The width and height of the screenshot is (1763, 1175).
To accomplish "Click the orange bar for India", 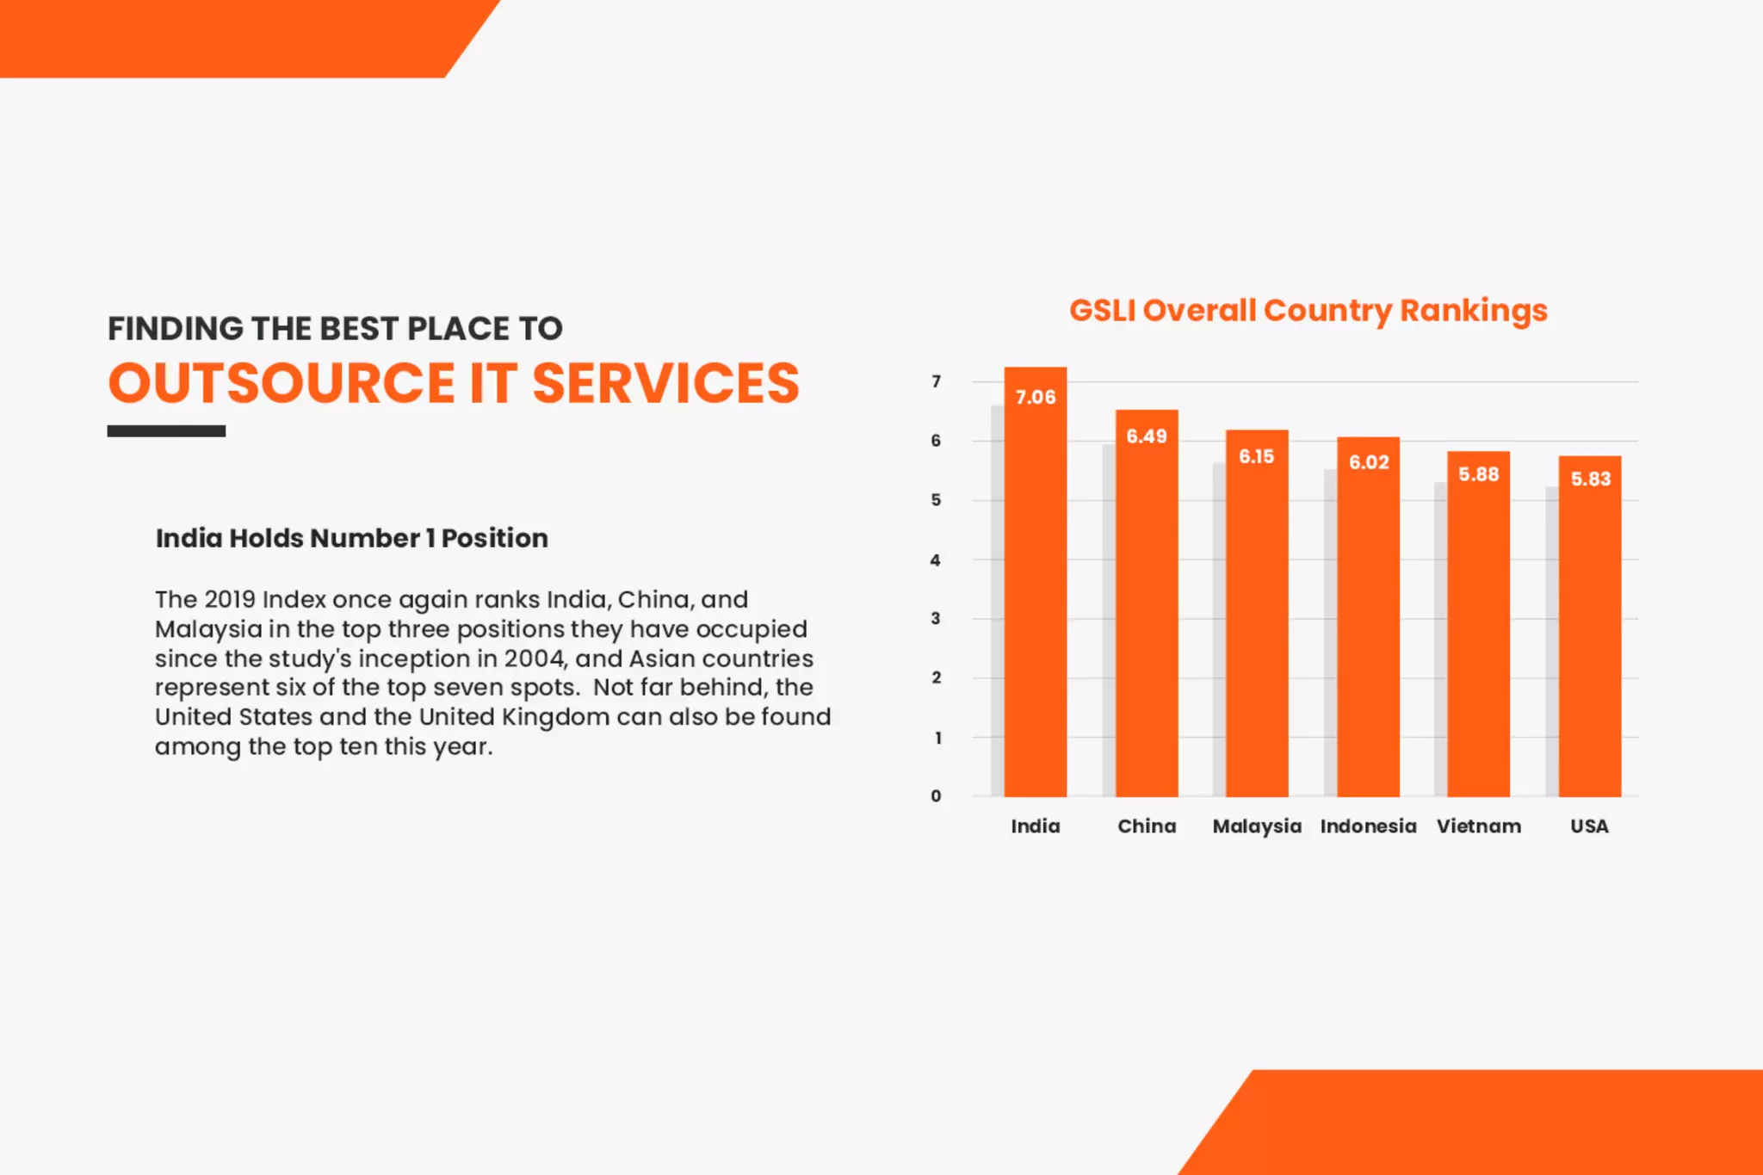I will [x=1035, y=603].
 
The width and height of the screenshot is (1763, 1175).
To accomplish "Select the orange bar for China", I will [x=1147, y=620].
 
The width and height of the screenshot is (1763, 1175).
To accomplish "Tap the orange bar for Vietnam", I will [x=1478, y=637].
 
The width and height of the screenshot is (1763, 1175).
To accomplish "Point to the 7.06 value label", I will [x=1035, y=397].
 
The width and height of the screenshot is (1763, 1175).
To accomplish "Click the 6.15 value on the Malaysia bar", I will [x=1256, y=456].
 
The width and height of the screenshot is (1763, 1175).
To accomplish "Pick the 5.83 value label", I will [x=1590, y=479].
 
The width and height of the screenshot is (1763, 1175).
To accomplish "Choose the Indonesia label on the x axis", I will [x=1368, y=826].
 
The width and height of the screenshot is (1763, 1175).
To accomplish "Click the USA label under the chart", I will [x=1589, y=826].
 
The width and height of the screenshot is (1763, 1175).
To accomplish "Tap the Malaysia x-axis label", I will [x=1257, y=826].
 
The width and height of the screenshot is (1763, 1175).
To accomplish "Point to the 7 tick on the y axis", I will [x=936, y=381].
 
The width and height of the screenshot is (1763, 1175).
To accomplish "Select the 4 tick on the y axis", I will [x=936, y=560].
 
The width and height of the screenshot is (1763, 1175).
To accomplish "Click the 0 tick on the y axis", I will [x=936, y=796].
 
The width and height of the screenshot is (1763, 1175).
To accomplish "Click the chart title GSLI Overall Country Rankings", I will [x=1308, y=311].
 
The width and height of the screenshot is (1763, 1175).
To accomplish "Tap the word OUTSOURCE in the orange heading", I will [x=281, y=384].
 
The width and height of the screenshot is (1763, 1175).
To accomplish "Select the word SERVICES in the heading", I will [x=665, y=384].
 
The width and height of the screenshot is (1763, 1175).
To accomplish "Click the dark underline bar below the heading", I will [x=166, y=431].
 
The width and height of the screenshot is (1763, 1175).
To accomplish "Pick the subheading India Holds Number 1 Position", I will [x=351, y=538].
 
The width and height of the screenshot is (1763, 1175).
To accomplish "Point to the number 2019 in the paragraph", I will [x=230, y=599].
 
